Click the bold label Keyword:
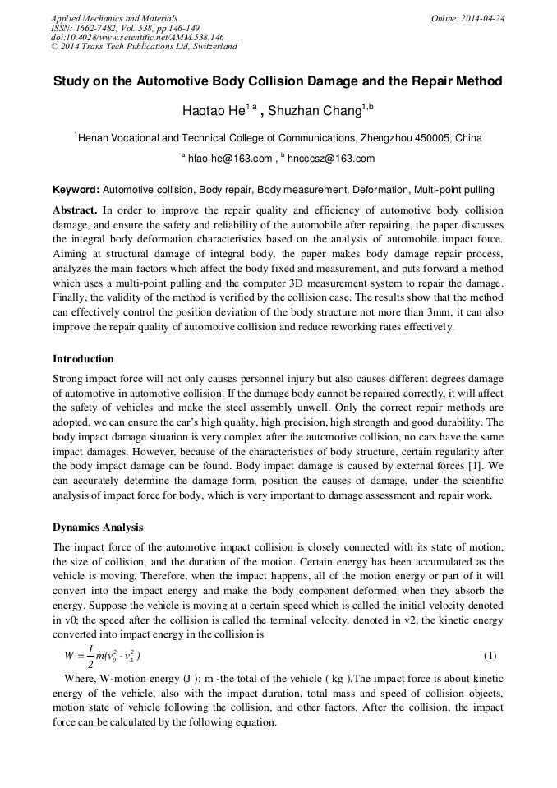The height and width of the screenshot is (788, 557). pyautogui.click(x=76, y=190)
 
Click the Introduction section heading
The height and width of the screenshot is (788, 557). pyautogui.click(x=83, y=359)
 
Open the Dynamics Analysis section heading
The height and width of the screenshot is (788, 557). pyautogui.click(x=98, y=527)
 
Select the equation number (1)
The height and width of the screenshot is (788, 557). pyautogui.click(x=490, y=656)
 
